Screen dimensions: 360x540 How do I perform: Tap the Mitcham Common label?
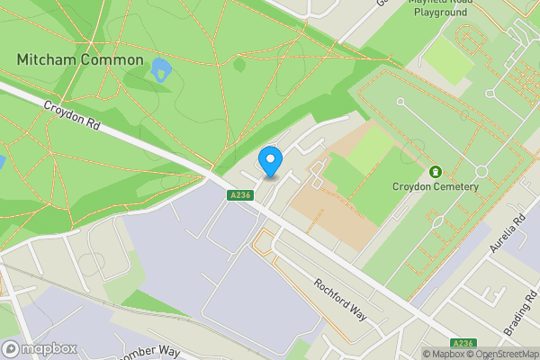click(x=80, y=59)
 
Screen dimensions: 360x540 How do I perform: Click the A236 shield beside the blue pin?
click(x=238, y=195)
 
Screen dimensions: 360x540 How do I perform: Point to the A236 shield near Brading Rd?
click(x=463, y=343)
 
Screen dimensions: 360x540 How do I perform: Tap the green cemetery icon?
click(x=436, y=171)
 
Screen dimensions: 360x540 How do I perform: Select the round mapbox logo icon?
click(x=12, y=349)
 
